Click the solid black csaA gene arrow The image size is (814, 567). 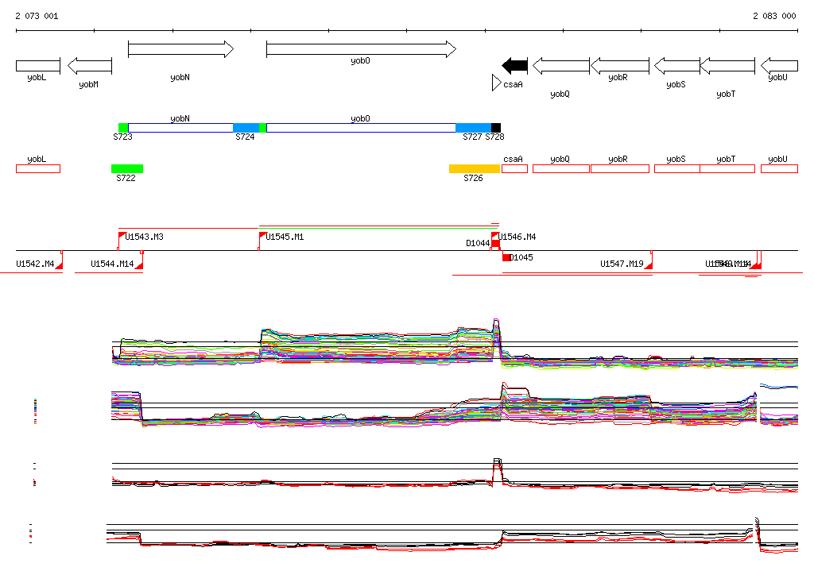515,65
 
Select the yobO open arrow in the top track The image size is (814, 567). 361,49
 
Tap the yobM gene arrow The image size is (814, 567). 90,65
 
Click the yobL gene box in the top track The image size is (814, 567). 38,65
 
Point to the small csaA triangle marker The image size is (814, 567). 496,83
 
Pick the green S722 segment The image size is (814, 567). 127,168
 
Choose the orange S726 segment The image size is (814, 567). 474,168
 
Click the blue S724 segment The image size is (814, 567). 246,128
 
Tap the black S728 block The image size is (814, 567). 496,128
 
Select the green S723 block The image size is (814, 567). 123,128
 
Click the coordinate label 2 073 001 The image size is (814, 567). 37,16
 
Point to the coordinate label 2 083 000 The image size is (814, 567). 774,16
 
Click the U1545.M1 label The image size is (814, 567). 285,237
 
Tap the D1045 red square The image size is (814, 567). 506,257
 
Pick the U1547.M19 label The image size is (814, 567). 622,264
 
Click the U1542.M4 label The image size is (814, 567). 36,264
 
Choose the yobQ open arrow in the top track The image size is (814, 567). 560,65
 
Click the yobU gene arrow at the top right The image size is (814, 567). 779,65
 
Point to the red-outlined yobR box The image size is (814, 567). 618,168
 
